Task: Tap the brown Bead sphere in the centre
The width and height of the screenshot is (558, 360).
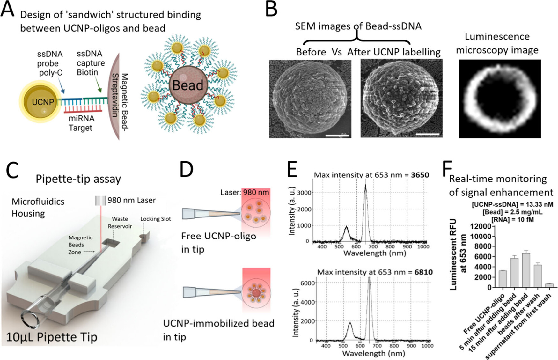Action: (x=188, y=85)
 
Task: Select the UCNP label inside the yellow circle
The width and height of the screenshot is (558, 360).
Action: (x=43, y=102)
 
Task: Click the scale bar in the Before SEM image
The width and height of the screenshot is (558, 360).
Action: (x=337, y=136)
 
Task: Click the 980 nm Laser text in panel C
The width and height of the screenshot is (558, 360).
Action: (x=131, y=200)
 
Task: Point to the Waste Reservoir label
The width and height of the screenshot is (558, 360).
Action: (x=120, y=223)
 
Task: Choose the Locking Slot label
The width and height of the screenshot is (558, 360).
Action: (x=156, y=219)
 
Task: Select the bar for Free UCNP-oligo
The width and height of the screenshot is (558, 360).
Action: (x=503, y=279)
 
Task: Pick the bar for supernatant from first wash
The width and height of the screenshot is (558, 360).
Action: (x=549, y=285)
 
